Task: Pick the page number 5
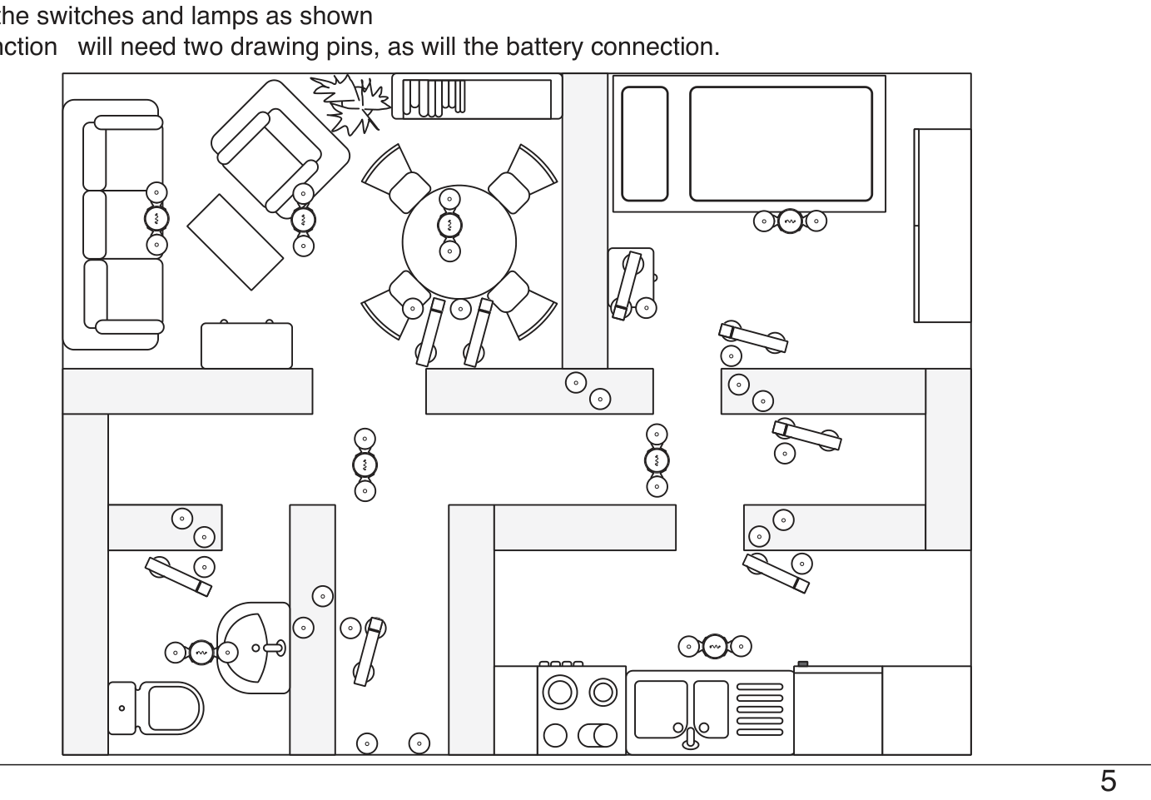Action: tap(1109, 782)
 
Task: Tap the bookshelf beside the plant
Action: tap(477, 97)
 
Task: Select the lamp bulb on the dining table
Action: tap(449, 225)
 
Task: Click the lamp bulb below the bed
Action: tap(790, 221)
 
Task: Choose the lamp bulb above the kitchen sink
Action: tap(715, 646)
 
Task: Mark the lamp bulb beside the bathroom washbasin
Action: tap(201, 653)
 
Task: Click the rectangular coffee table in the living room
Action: tap(236, 242)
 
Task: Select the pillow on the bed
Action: tap(645, 144)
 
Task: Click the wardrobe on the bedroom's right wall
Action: tap(942, 226)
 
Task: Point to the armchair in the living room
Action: tap(280, 149)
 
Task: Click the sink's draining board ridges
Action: tap(760, 709)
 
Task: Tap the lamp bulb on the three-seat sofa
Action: tap(156, 219)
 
